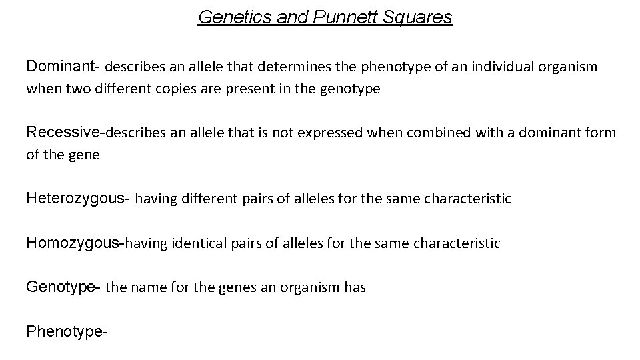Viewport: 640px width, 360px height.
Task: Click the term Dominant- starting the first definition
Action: pos(63,67)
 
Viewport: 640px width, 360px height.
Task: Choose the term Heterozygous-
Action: pos(79,198)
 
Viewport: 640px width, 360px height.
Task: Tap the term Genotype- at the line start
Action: pos(63,288)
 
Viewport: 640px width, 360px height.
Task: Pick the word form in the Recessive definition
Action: pos(601,133)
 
